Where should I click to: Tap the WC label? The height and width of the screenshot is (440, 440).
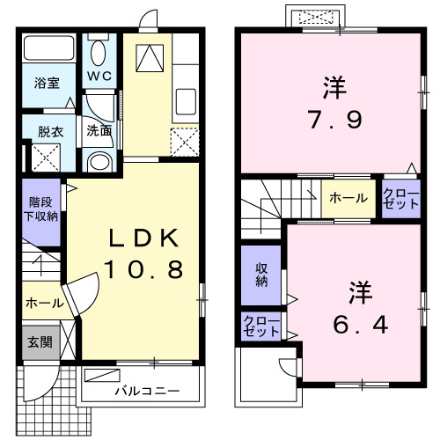coord(99,76)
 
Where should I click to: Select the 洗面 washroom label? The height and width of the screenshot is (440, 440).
coord(99,131)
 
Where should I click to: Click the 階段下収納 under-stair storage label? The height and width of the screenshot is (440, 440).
coord(40,209)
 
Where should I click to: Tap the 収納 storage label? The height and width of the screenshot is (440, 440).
coord(261,275)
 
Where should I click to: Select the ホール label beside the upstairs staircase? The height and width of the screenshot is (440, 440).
coord(348,198)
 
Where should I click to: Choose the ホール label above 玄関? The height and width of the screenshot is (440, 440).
coord(44,303)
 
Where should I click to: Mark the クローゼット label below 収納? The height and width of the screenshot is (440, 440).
coord(261,326)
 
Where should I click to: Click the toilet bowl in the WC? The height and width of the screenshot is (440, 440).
coord(98,50)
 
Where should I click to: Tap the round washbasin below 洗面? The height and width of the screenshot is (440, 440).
coord(99,161)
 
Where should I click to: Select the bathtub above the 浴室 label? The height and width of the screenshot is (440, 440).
coord(48,49)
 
